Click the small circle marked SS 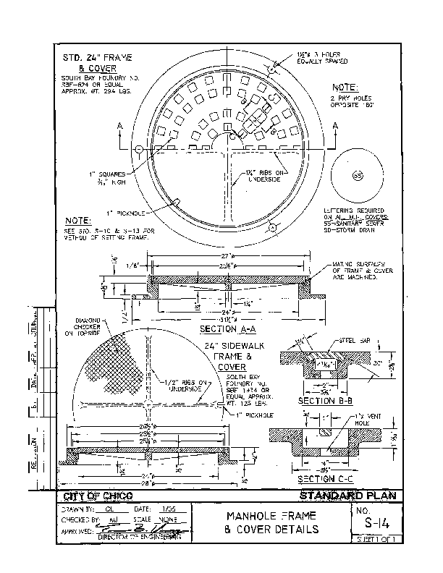click(356, 176)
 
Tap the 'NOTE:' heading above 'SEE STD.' click(77, 219)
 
